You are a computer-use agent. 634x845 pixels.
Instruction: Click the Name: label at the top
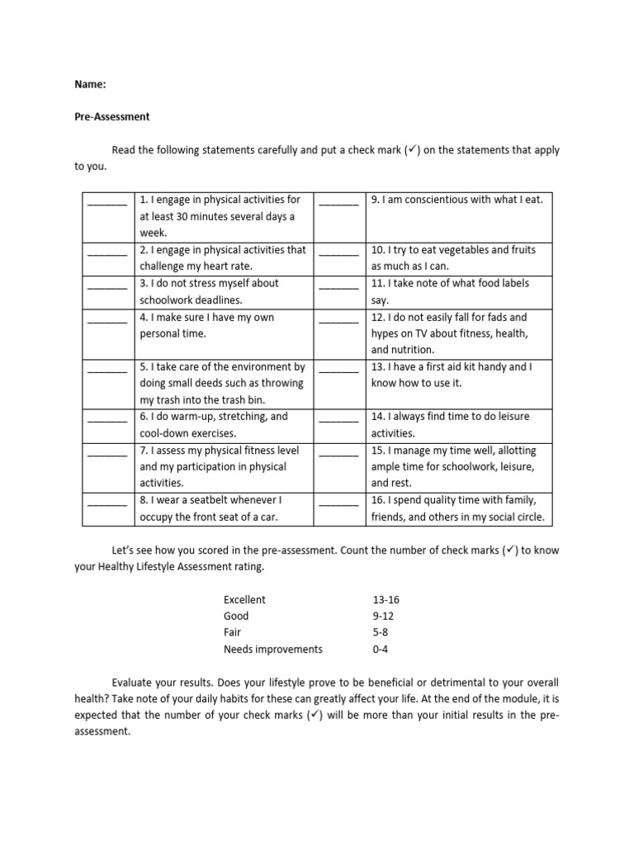[x=90, y=83]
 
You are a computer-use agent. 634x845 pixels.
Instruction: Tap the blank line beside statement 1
[x=107, y=201]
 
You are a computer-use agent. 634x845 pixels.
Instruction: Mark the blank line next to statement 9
[x=338, y=201]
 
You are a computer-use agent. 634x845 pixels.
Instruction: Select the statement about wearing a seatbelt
[x=211, y=508]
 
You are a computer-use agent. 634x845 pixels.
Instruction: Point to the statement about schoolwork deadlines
[x=210, y=291]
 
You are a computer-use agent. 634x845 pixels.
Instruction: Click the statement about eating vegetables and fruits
[x=450, y=257]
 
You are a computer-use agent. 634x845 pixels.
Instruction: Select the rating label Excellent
[x=245, y=600]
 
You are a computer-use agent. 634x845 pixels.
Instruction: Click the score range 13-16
[x=386, y=600]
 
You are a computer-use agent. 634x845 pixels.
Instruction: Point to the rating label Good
[x=236, y=616]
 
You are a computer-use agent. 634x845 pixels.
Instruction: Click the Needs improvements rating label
[x=273, y=649]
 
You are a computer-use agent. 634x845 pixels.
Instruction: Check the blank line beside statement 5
[x=107, y=368]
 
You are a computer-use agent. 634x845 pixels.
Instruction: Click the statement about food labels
[x=450, y=291]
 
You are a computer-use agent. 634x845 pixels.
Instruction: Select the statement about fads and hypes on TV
[x=450, y=333]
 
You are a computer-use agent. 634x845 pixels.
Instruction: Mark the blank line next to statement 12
[x=338, y=319]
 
